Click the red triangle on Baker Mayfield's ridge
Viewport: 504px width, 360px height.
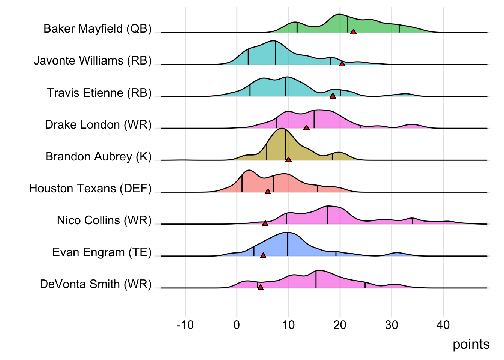353,32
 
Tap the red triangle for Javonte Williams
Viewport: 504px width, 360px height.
342,64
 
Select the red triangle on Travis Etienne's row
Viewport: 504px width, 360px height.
333,96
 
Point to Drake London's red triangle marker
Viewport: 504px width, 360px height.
306,127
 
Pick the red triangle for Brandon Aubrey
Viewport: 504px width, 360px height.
288,159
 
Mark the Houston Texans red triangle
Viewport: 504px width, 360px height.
268,191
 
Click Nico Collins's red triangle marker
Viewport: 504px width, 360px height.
265,223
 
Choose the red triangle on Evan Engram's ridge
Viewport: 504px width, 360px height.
263,255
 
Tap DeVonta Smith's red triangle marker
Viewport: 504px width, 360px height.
261,287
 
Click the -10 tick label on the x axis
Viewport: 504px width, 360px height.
185,325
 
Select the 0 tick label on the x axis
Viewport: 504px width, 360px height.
237,325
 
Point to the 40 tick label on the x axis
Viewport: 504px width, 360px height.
443,325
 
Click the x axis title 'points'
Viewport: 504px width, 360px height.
471,344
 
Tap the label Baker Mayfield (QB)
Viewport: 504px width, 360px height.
97,29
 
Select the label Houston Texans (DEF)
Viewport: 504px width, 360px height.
90,188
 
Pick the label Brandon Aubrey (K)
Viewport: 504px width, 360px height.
99,156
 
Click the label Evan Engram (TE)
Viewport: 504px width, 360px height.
102,252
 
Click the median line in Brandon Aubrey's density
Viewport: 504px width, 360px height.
285,144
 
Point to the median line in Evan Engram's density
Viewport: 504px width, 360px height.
288,244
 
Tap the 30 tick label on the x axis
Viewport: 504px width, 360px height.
391,325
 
